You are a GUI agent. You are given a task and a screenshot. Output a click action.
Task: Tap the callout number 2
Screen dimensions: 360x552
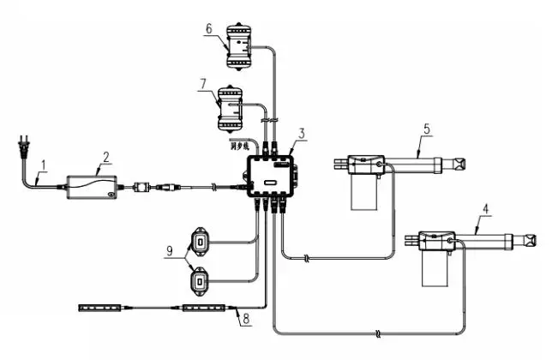(105, 157)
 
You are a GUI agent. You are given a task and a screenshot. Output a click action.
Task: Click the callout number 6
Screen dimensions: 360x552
(208, 28)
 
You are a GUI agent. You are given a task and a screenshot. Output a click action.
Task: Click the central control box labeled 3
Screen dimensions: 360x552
(273, 178)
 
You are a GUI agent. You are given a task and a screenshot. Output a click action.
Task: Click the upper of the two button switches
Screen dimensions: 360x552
(199, 241)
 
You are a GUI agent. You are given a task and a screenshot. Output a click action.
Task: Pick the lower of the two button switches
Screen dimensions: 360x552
(199, 280)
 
